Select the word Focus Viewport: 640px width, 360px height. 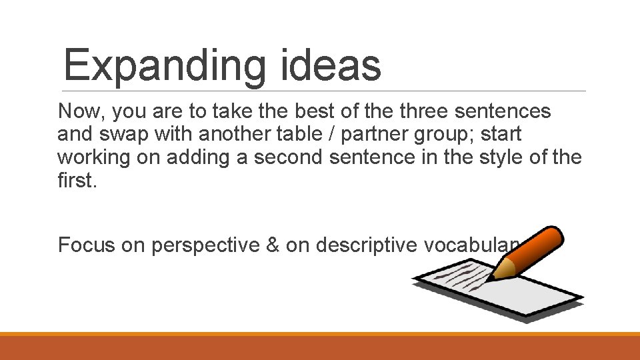click(x=87, y=245)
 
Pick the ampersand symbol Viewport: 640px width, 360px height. click(x=273, y=245)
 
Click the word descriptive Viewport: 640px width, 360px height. click(x=367, y=245)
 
